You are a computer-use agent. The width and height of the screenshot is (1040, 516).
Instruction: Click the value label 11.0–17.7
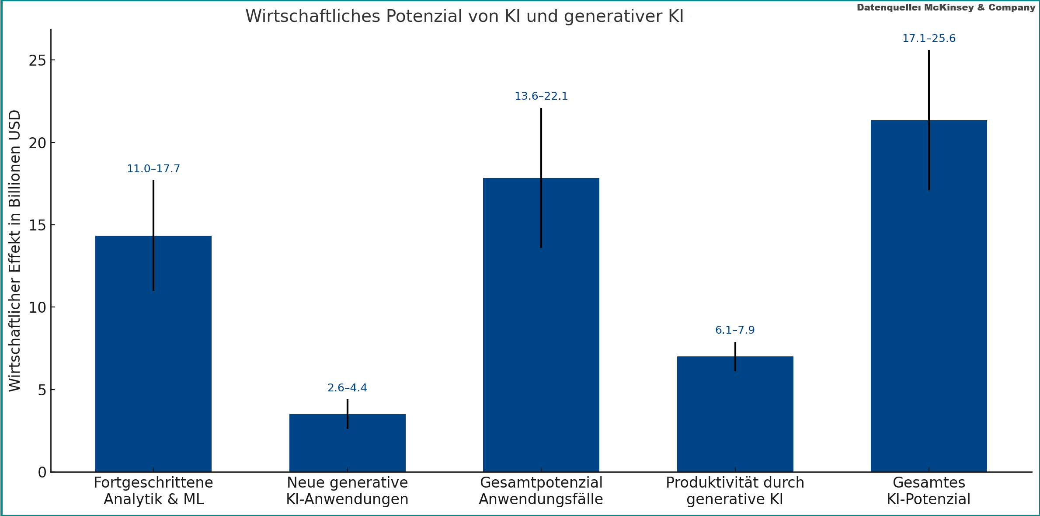coord(153,169)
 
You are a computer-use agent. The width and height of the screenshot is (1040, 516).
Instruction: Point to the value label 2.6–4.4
coord(347,388)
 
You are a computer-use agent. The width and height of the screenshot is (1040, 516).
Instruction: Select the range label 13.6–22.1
coord(541,96)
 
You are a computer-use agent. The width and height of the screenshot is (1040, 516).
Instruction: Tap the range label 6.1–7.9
coord(735,330)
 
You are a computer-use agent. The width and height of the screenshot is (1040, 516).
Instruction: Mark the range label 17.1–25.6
coord(929,38)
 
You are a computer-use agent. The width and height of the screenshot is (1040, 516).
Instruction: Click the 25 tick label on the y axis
coord(37,60)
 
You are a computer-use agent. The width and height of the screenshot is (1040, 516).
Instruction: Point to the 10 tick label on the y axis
coord(37,307)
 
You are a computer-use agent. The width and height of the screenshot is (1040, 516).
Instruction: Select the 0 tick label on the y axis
coord(42,472)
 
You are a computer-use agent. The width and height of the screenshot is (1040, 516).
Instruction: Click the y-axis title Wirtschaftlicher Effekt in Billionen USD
coord(15,251)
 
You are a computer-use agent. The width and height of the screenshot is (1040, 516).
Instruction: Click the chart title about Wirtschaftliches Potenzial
coord(464,16)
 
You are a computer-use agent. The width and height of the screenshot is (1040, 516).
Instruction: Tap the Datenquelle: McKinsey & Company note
coord(946,7)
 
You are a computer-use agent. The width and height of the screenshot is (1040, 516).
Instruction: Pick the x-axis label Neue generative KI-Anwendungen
coord(347,491)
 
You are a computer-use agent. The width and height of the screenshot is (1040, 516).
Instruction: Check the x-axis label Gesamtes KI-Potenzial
coord(929,491)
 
